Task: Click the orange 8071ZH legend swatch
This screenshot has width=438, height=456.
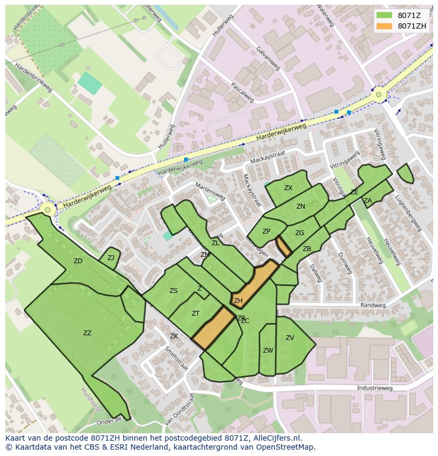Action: point(385,26)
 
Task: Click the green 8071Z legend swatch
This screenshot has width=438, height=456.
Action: point(385,15)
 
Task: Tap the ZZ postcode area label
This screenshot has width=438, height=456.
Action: point(87,333)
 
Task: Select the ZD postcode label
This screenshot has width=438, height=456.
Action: point(78,261)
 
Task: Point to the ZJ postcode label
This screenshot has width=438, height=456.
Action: point(111,258)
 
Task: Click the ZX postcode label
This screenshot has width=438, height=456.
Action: point(288,188)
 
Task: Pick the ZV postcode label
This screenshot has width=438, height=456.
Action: point(290,338)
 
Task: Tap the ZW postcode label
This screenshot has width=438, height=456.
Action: point(268,351)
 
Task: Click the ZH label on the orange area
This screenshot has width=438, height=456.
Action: point(238,301)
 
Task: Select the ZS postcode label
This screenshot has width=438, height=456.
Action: point(174,291)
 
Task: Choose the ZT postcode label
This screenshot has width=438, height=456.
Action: point(195,314)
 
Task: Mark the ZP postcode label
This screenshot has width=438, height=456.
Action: point(266,231)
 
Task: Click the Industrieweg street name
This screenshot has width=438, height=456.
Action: point(375,388)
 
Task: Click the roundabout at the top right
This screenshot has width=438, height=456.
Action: point(378,95)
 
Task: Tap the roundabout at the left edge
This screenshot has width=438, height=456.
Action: point(48,210)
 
